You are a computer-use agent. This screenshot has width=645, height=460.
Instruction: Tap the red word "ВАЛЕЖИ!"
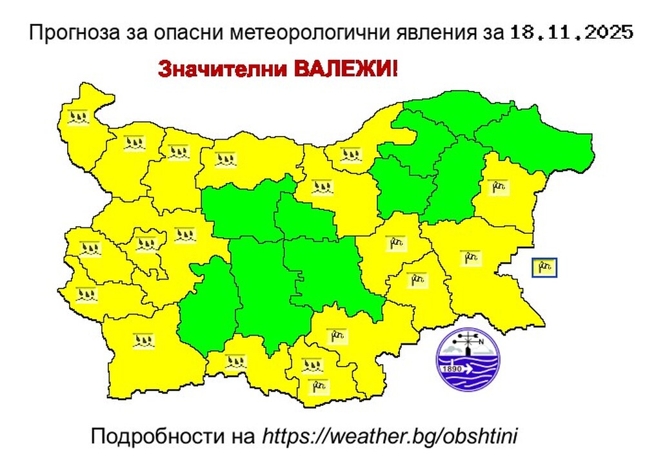point(346,68)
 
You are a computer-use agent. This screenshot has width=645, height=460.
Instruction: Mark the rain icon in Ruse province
point(351,154)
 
